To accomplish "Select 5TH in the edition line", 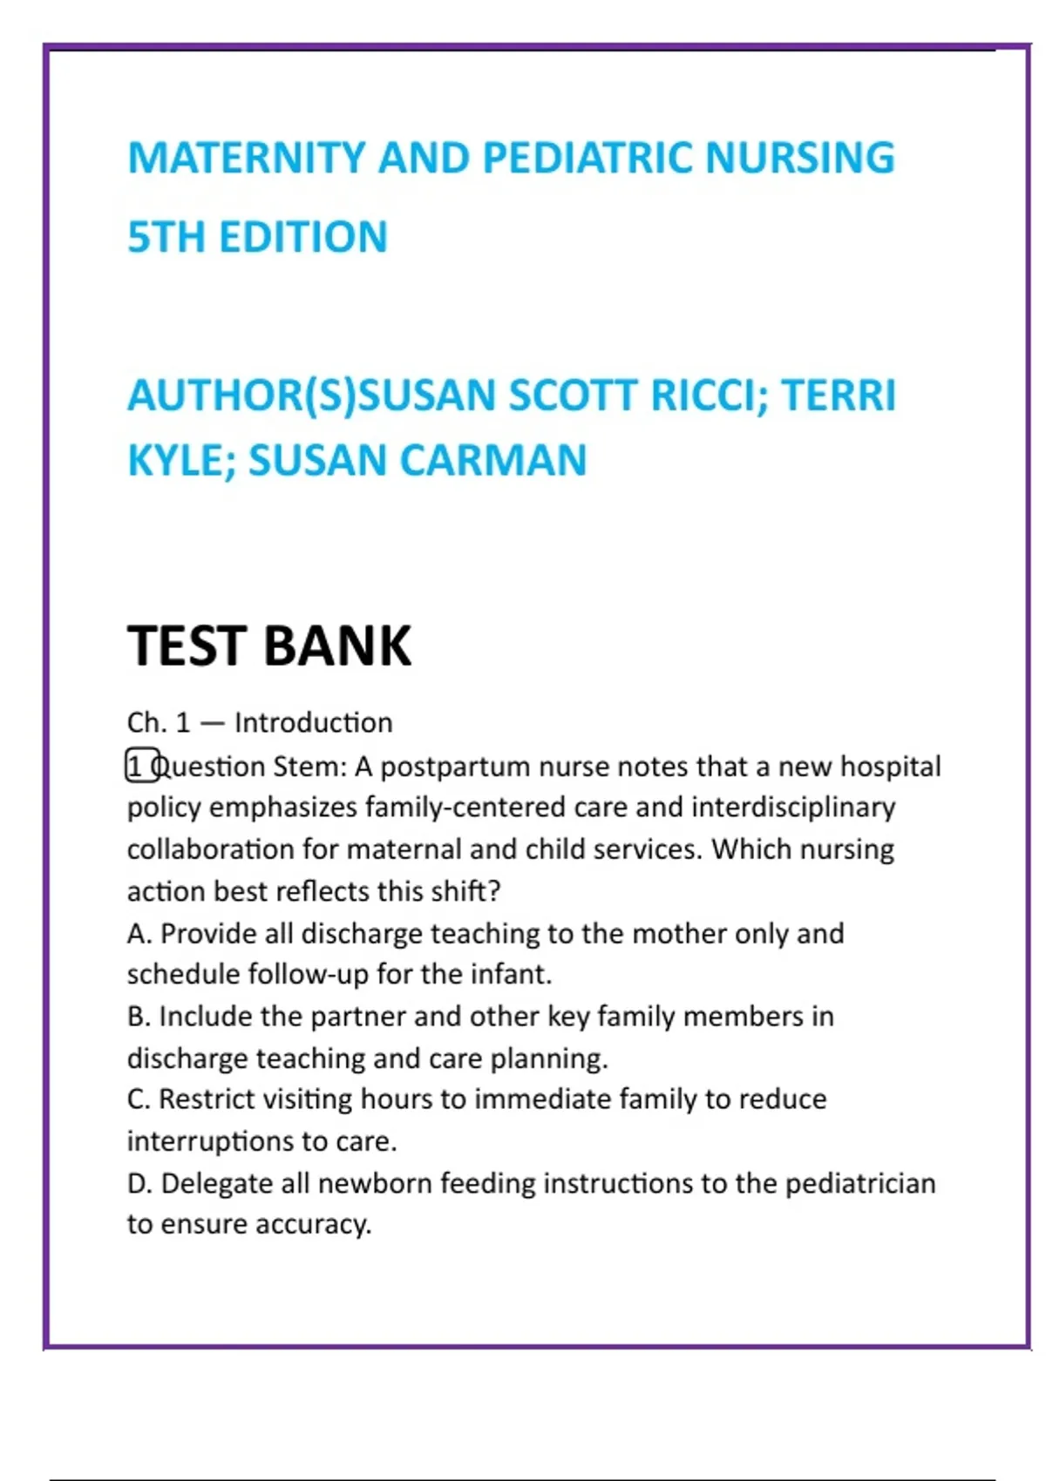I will (x=166, y=237).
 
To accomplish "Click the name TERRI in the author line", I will (x=839, y=396).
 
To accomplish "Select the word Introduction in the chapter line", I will (x=314, y=723).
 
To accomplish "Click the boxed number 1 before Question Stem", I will (x=138, y=766).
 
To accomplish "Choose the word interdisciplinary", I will (x=793, y=808).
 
